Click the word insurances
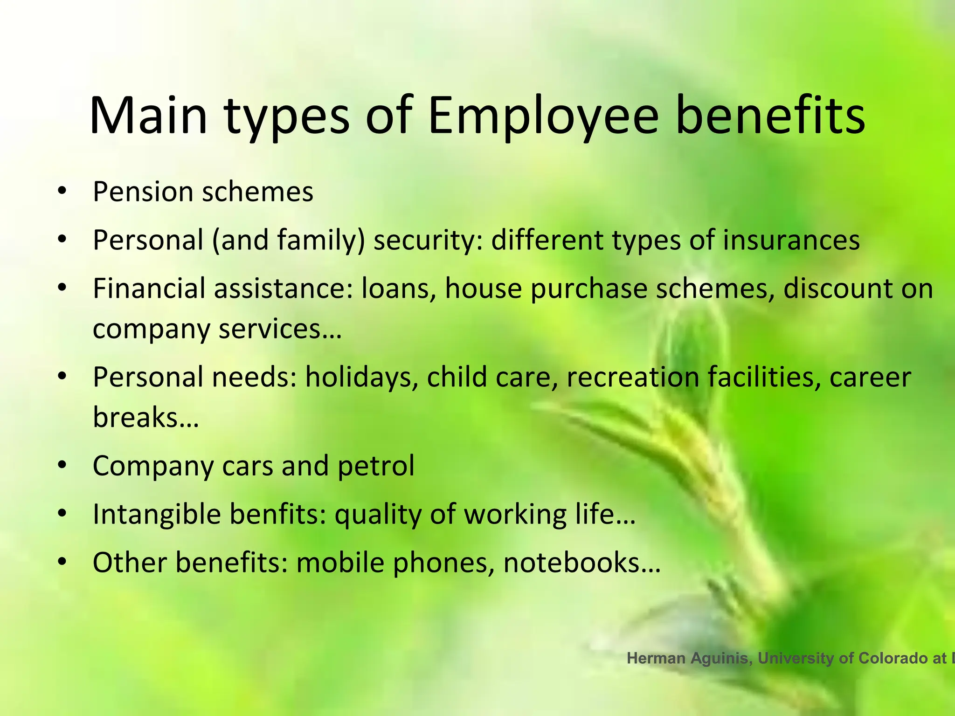(x=791, y=240)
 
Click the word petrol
(x=376, y=466)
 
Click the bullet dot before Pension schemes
(x=62, y=192)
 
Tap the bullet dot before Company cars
(x=62, y=466)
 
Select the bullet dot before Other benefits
(x=62, y=563)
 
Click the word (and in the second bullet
(x=240, y=240)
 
